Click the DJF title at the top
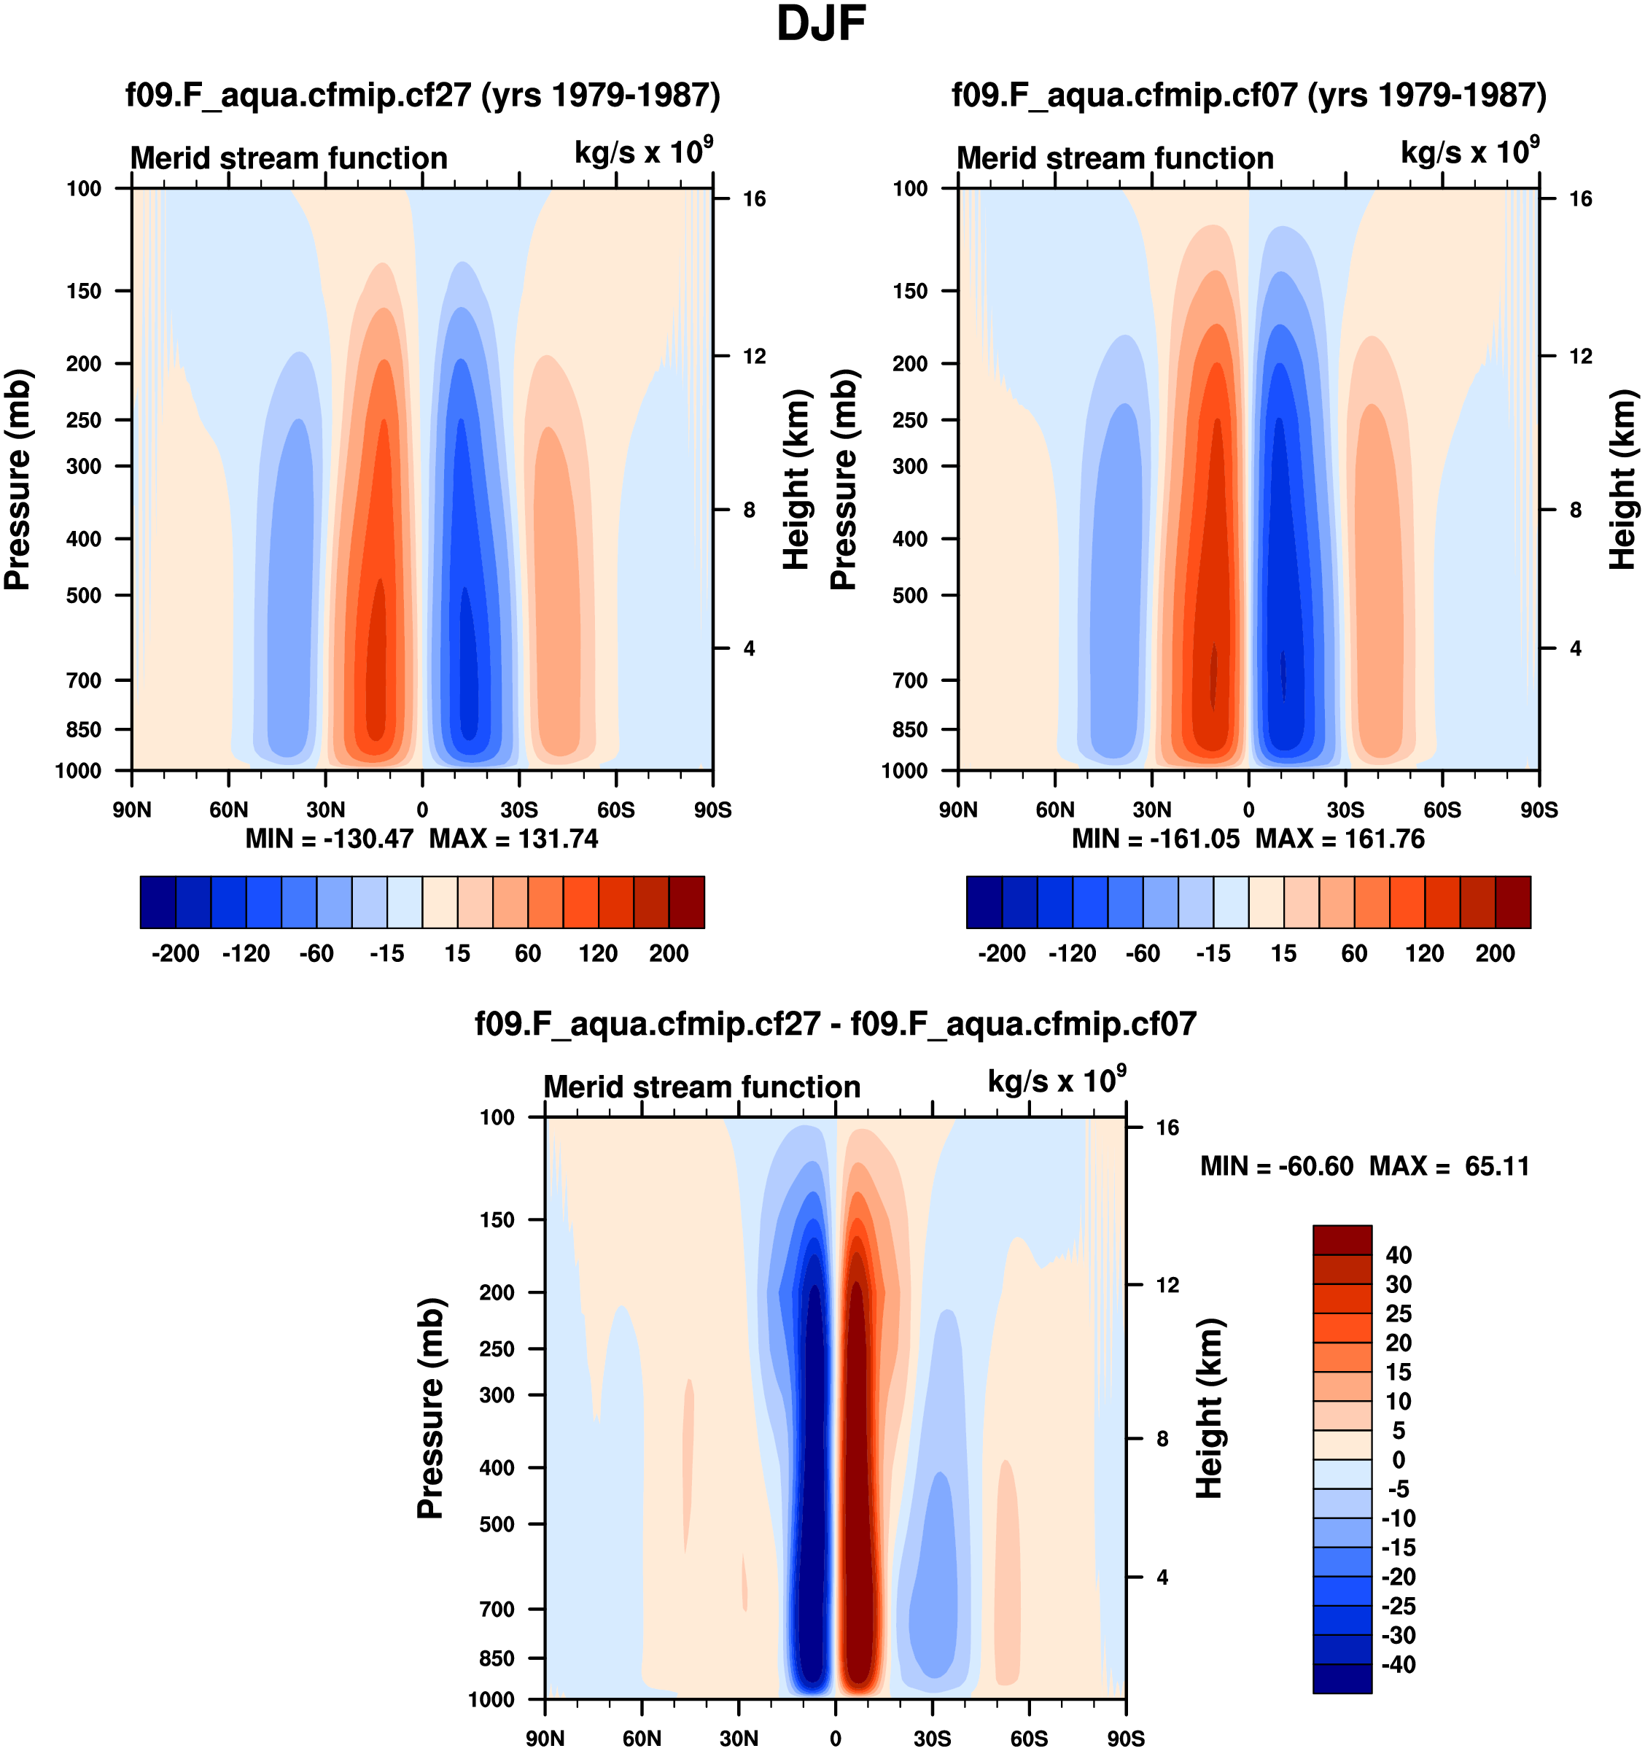coord(821,25)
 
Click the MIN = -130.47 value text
coord(328,839)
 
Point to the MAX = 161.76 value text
coord(1339,839)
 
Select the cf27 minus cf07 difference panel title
coord(835,1023)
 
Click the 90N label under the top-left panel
coord(131,810)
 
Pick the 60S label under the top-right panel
coord(1442,810)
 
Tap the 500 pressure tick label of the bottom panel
coord(497,1523)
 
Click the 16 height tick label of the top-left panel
coord(754,199)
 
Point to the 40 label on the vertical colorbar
coord(1399,1255)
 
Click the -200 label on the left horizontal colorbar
coord(175,953)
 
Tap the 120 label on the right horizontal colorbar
coord(1424,953)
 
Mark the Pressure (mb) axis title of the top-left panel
coord(17,479)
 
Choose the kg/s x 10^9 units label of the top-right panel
coord(1470,152)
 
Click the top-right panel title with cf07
coord(1249,95)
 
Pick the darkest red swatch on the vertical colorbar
coord(1342,1241)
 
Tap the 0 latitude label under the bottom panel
coord(835,1738)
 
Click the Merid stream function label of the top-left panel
coord(289,158)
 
